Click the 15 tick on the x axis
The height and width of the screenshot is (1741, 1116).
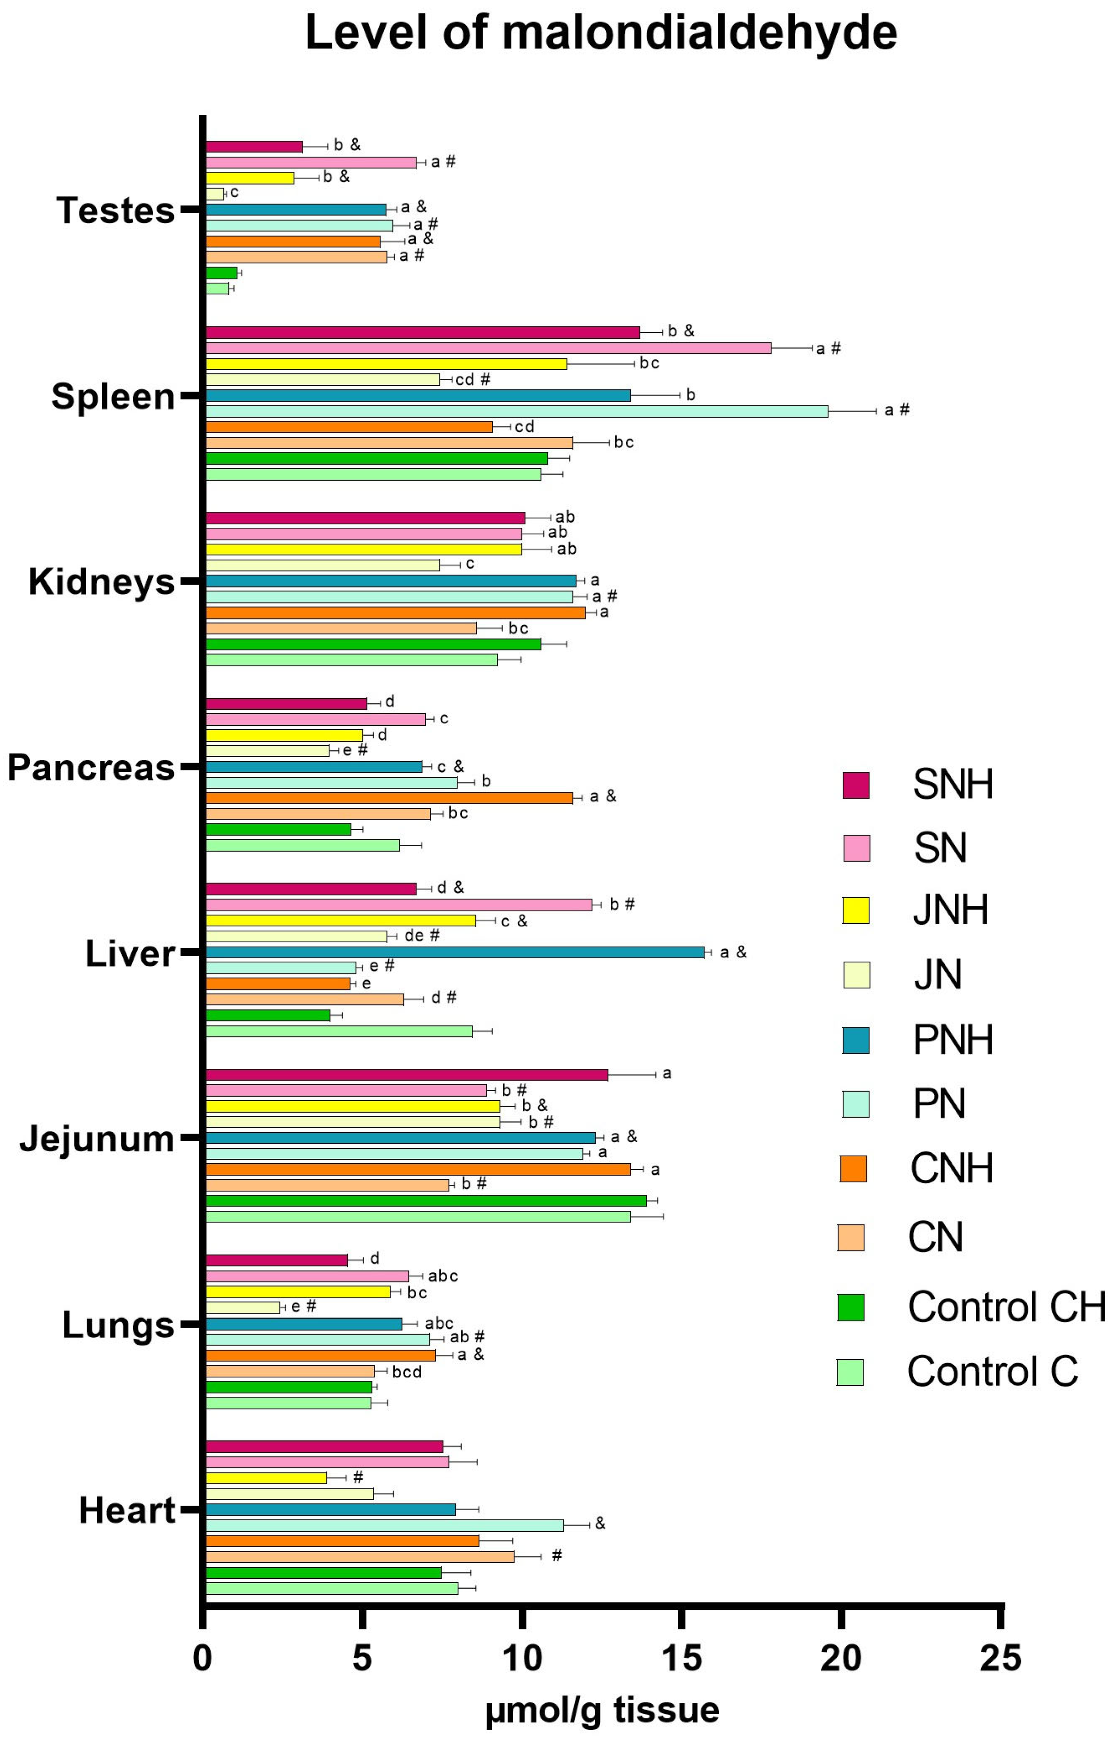(681, 1658)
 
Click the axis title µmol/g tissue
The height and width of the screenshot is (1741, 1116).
(602, 1710)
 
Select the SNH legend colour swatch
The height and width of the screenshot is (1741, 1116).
(856, 785)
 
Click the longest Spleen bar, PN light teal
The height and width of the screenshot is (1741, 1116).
(517, 411)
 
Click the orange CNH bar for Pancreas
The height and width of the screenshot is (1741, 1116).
(389, 797)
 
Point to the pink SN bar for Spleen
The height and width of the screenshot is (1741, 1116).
(489, 348)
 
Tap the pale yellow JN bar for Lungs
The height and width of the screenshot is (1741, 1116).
(243, 1308)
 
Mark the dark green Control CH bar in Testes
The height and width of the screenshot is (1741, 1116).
(222, 273)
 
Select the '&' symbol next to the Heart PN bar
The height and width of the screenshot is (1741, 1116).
(600, 1524)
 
